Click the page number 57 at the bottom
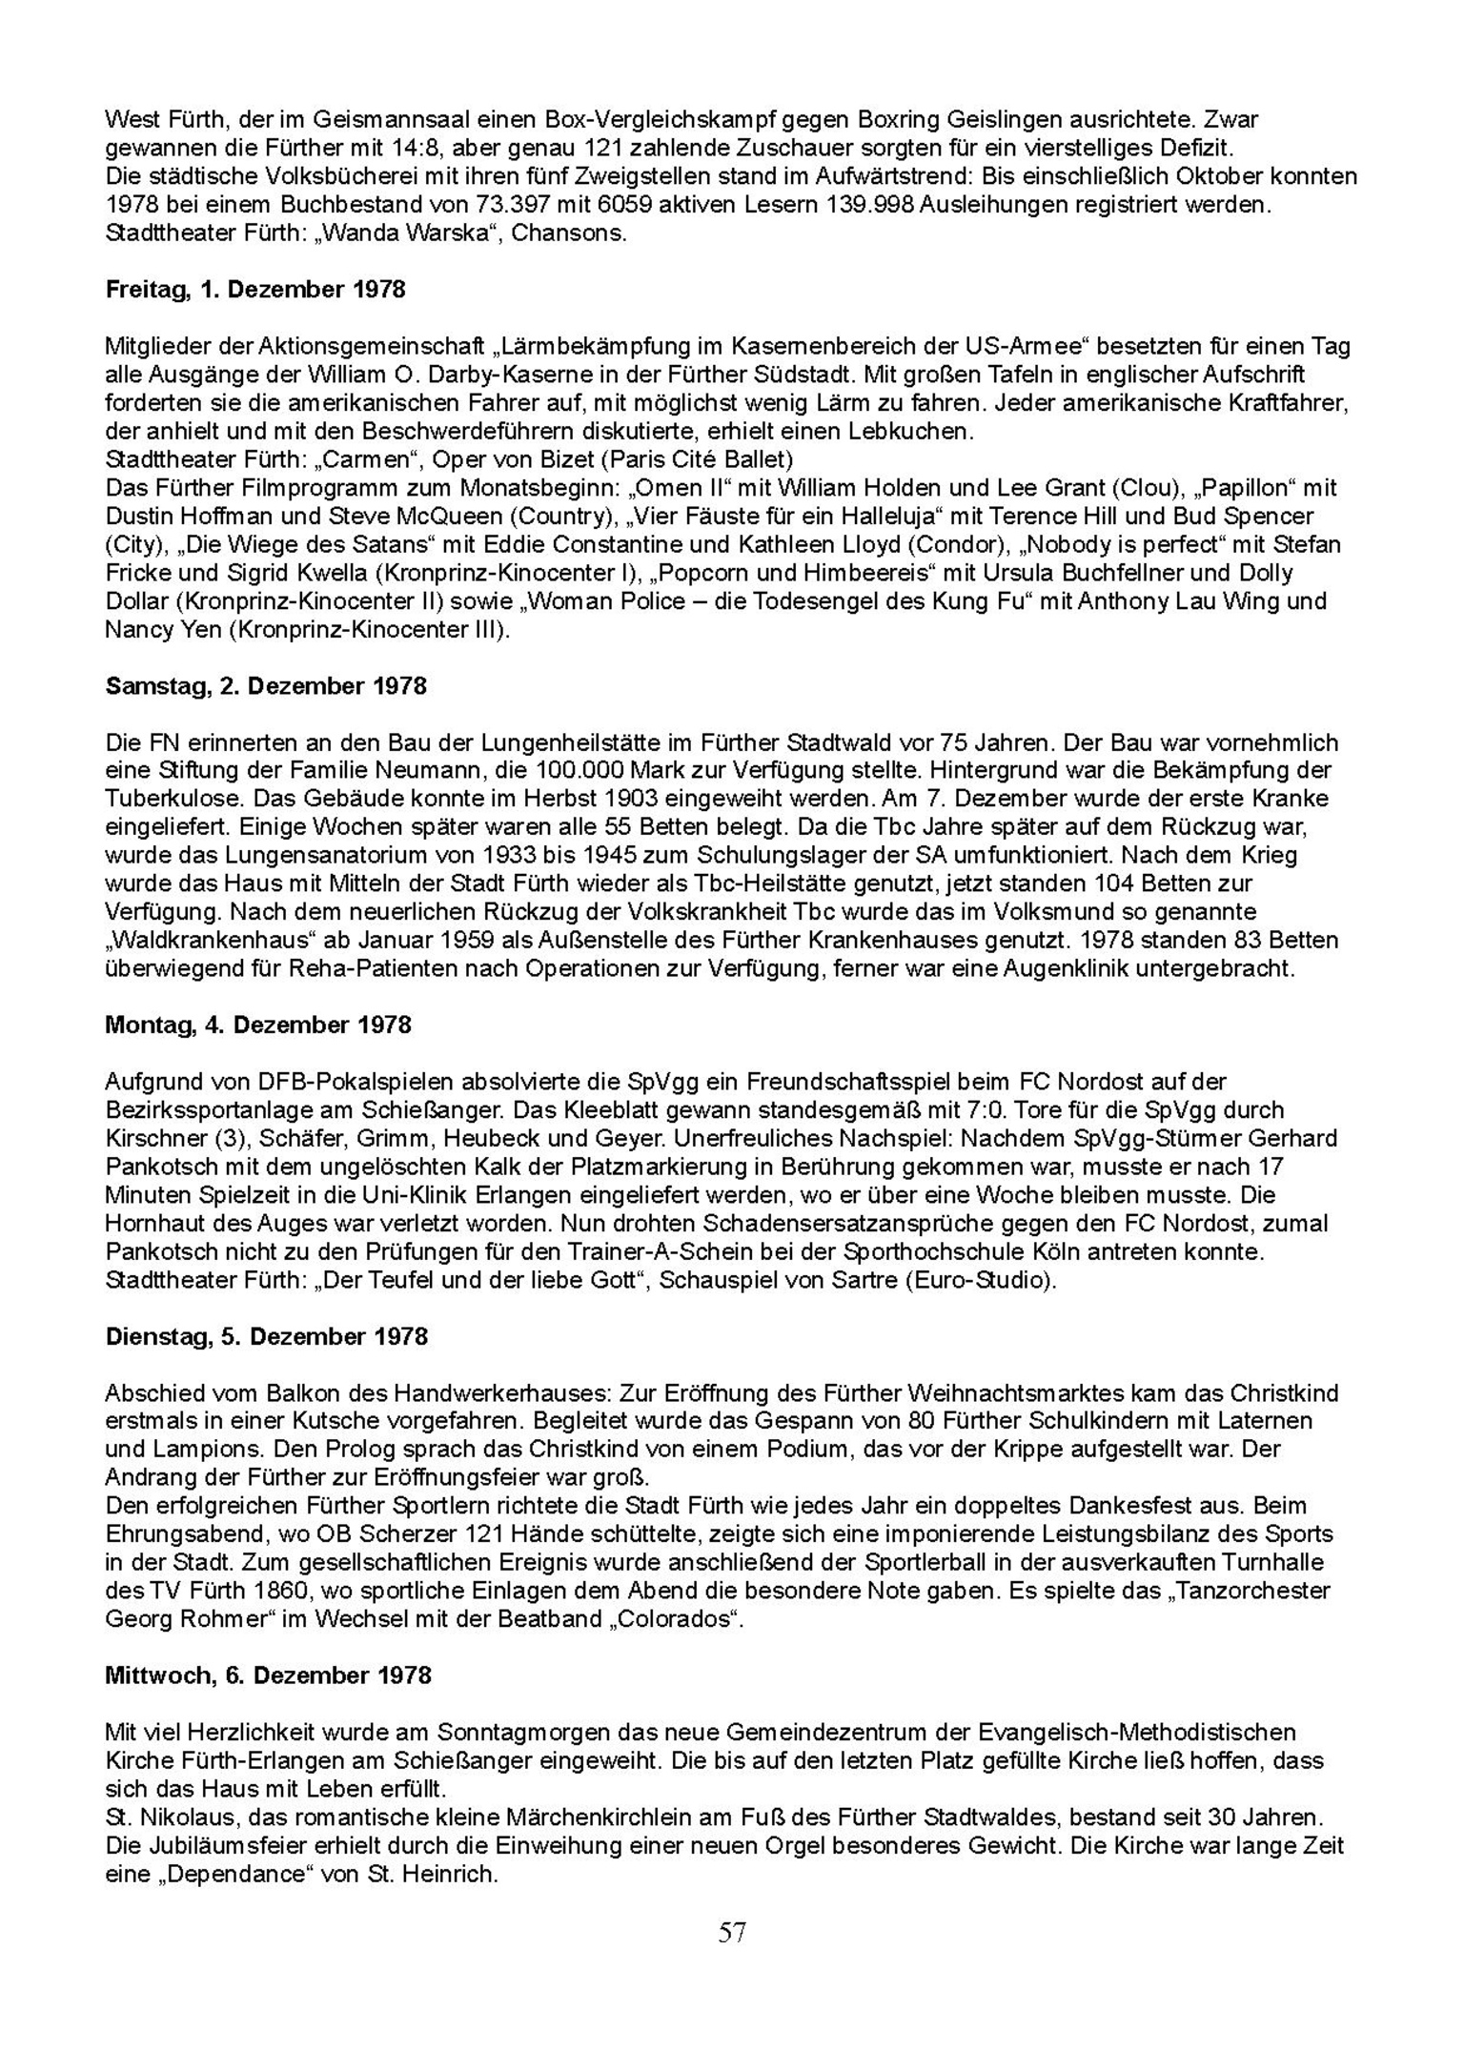pos(732,1932)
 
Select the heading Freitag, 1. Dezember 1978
pos(255,290)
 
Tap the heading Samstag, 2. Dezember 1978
pos(266,686)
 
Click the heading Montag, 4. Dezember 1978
pos(258,1025)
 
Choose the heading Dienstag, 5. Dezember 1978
pos(267,1336)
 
